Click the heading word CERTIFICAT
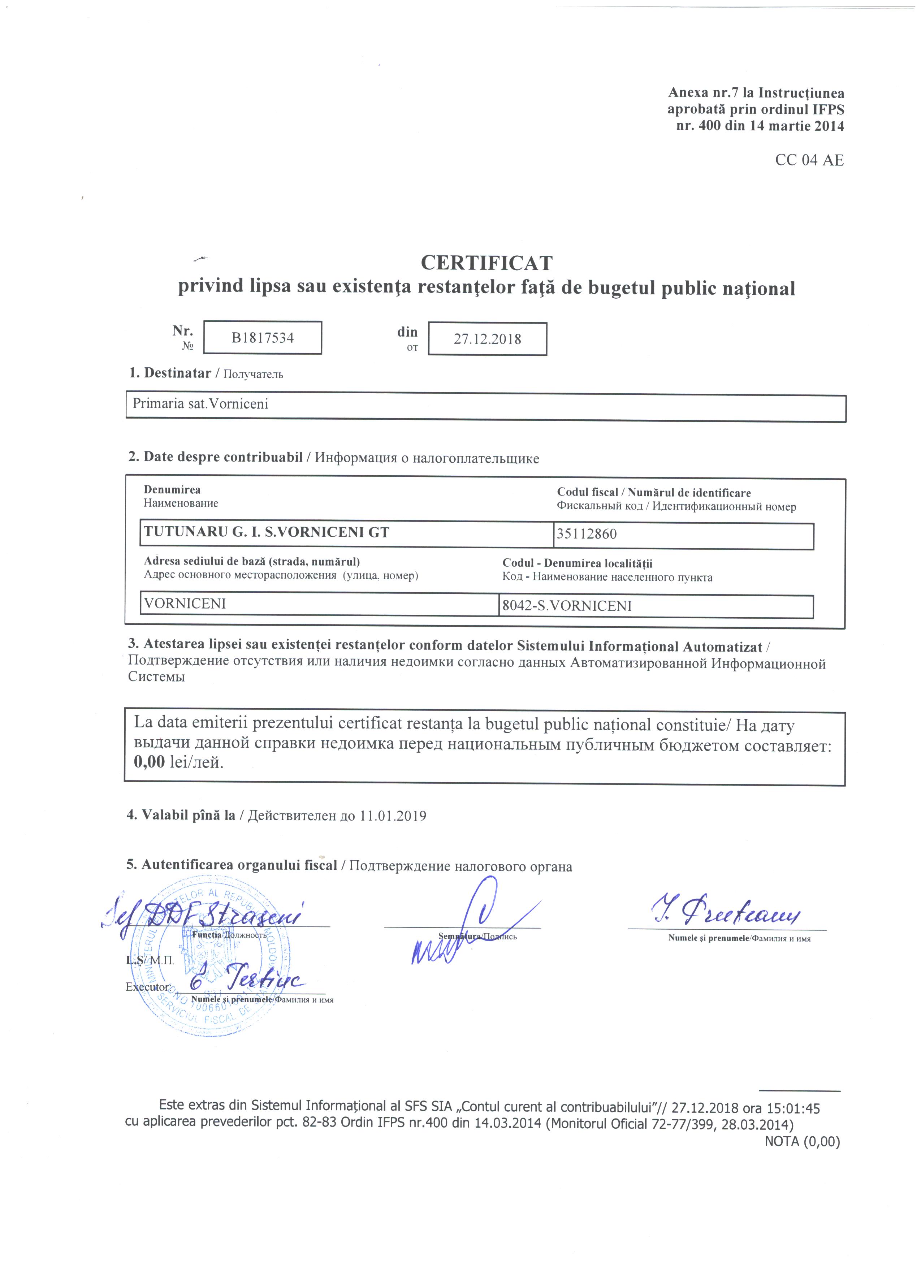486,263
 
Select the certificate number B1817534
263,338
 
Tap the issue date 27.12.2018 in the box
487,339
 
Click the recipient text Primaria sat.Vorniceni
200,403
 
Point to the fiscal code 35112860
587,534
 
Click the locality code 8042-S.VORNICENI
567,606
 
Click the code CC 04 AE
809,160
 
